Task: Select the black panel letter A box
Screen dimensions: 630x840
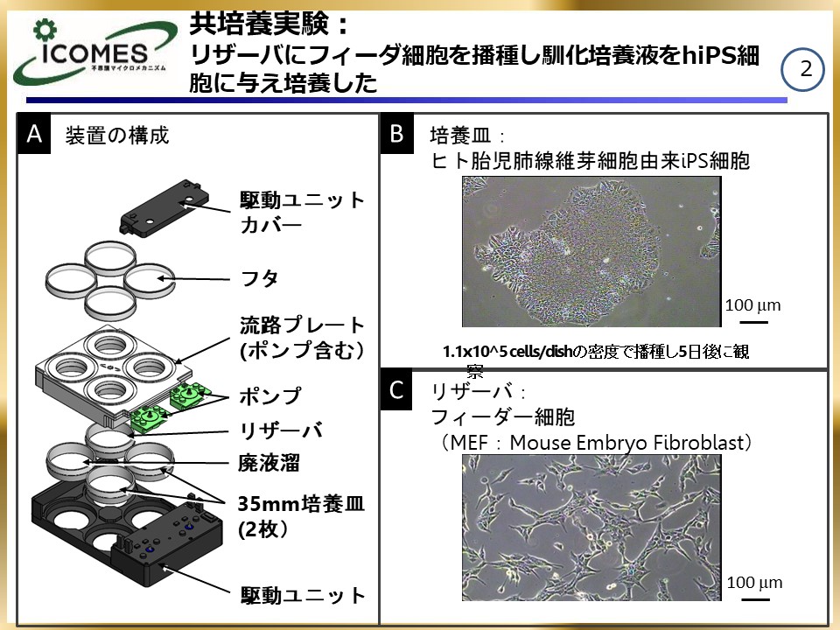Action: point(34,135)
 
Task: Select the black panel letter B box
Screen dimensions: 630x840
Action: point(396,134)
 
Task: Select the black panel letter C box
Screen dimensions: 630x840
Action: point(396,390)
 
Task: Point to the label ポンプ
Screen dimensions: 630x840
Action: point(269,396)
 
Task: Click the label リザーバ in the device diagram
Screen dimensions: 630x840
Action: point(281,430)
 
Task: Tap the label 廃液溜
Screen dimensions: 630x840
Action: point(267,463)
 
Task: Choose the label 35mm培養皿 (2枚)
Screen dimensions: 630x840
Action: point(289,516)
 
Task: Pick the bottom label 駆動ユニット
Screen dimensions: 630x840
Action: point(303,596)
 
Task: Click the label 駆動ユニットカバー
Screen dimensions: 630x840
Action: point(302,212)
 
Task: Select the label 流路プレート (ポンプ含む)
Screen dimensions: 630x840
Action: point(303,338)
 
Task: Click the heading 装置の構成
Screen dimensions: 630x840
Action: point(117,136)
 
